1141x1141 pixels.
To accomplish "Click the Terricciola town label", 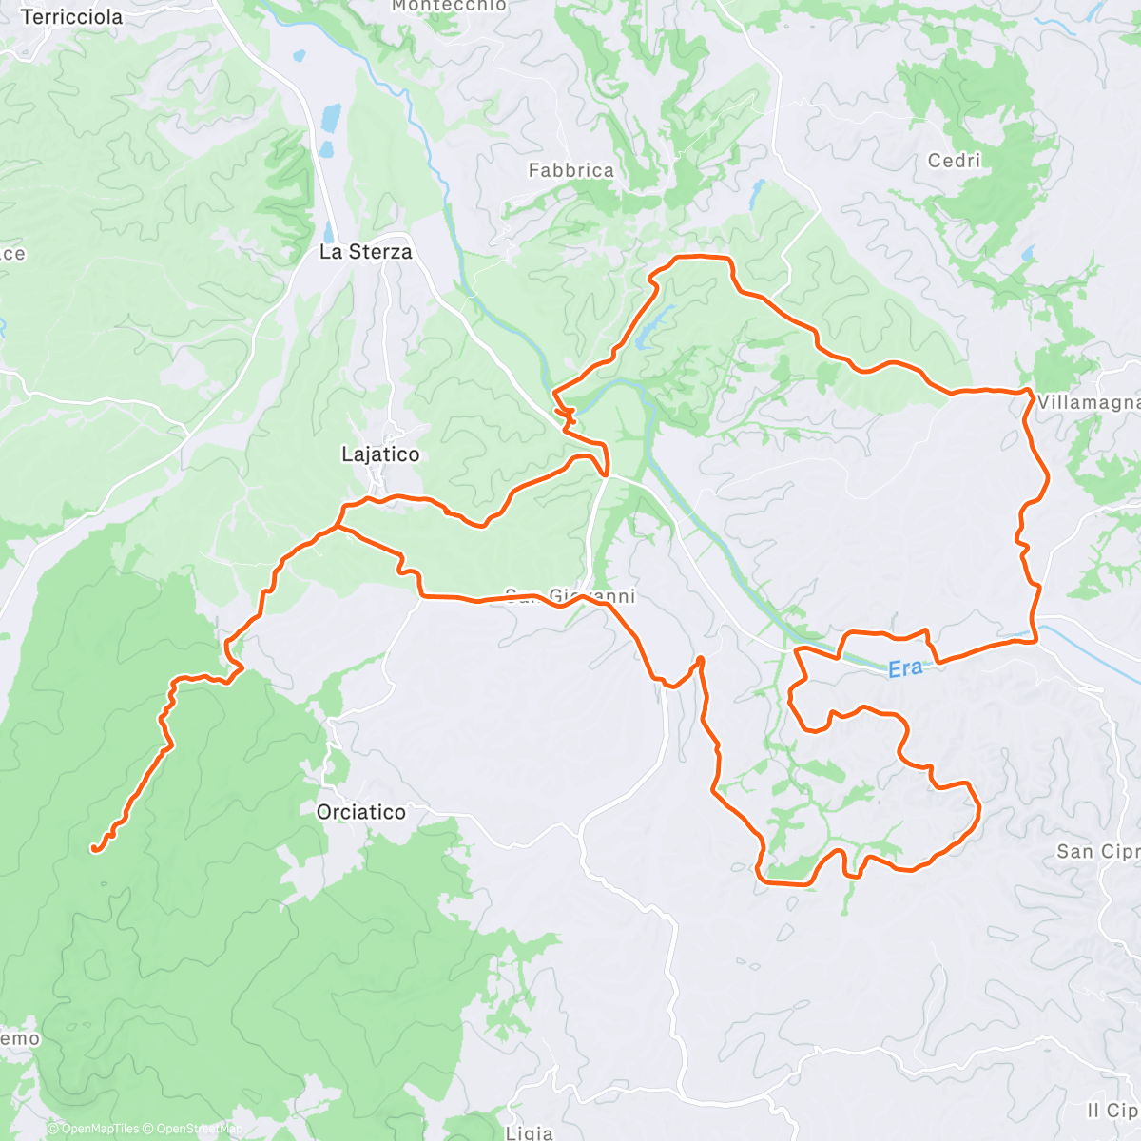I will (x=71, y=17).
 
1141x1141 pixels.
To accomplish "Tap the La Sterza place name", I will (x=366, y=252).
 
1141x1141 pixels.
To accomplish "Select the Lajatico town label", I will (x=380, y=454).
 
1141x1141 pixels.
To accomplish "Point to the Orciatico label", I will (x=360, y=812).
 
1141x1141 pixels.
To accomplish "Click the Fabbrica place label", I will (x=570, y=171).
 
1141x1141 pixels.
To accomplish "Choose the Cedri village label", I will (x=954, y=161).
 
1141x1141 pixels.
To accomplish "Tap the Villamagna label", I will (x=1088, y=403).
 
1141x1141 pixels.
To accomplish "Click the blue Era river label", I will (x=905, y=668).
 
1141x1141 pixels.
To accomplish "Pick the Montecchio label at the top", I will (x=449, y=6).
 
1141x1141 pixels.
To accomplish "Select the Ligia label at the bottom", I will (x=530, y=1131).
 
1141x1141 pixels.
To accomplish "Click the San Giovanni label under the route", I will (x=570, y=597).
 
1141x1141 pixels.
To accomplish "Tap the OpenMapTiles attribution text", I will (x=93, y=1129).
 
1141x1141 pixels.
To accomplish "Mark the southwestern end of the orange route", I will (x=94, y=847).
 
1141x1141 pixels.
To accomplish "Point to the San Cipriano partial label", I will (x=1097, y=851).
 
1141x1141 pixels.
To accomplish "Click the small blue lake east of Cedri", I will (x=1027, y=255).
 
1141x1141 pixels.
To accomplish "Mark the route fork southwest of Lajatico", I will (x=338, y=524).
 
